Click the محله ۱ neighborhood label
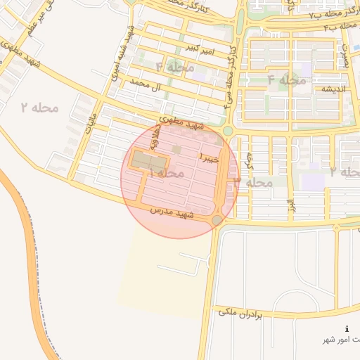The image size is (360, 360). tap(167, 173)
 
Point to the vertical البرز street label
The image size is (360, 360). tap(289, 204)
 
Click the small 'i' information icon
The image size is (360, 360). tap(347, 329)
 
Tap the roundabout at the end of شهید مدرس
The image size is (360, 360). tap(217, 221)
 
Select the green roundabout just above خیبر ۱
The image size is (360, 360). tap(228, 131)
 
